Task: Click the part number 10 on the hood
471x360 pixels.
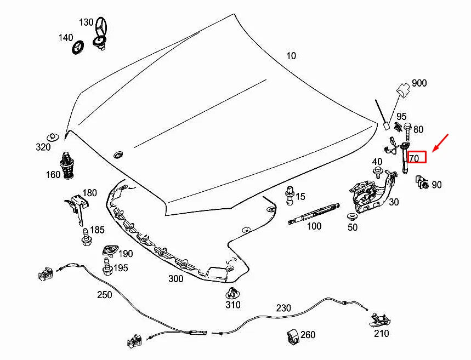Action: pyautogui.click(x=291, y=56)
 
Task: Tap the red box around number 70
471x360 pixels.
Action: pyautogui.click(x=417, y=157)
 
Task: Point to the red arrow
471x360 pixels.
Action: pyautogui.click(x=440, y=143)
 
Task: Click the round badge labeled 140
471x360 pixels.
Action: pyautogui.click(x=78, y=47)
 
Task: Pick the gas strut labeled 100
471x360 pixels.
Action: pyautogui.click(x=314, y=214)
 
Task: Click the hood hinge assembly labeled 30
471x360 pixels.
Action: pyautogui.click(x=372, y=192)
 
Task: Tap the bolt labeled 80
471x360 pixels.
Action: pyautogui.click(x=407, y=132)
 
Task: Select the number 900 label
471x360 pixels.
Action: pyautogui.click(x=419, y=83)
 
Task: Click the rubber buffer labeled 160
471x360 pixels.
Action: pyautogui.click(x=67, y=165)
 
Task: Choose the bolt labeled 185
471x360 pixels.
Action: pyautogui.click(x=87, y=237)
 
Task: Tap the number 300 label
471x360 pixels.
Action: pyautogui.click(x=175, y=279)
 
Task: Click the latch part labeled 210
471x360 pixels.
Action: pyautogui.click(x=381, y=321)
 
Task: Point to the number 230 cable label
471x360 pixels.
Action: pyautogui.click(x=283, y=308)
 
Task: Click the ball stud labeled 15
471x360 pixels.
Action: pyautogui.click(x=290, y=195)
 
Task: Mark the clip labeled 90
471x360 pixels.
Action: pyautogui.click(x=422, y=182)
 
